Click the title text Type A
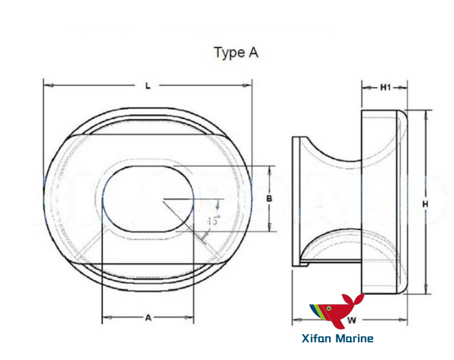236,53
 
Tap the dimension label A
148,317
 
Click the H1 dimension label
385,88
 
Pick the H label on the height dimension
425,203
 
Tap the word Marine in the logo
354,338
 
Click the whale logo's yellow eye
329,307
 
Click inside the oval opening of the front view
147,199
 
